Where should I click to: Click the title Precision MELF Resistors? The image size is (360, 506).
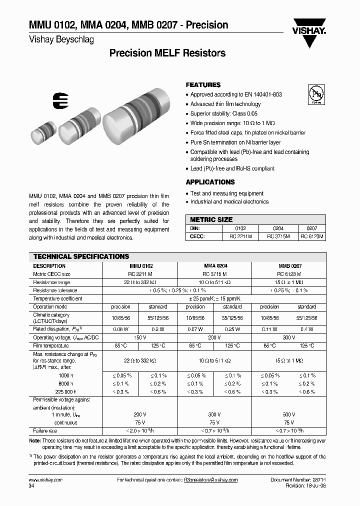tap(167, 53)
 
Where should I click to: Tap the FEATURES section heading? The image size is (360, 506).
tap(203, 85)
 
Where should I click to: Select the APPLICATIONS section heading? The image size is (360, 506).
tap(210, 182)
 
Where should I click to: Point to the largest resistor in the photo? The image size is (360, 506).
tap(133, 114)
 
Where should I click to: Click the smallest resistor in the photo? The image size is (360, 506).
tap(42, 132)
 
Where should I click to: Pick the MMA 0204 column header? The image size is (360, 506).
tap(215, 266)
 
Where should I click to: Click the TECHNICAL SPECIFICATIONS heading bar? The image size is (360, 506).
tap(81, 256)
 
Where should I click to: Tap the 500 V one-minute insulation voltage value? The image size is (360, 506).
tap(289, 414)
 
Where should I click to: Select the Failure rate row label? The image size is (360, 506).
tap(45, 430)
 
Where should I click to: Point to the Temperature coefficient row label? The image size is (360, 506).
tap(57, 298)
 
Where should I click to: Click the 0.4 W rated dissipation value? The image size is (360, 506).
tap(306, 329)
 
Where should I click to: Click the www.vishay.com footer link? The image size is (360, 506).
tap(45, 479)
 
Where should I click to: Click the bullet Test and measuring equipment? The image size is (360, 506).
tap(227, 193)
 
